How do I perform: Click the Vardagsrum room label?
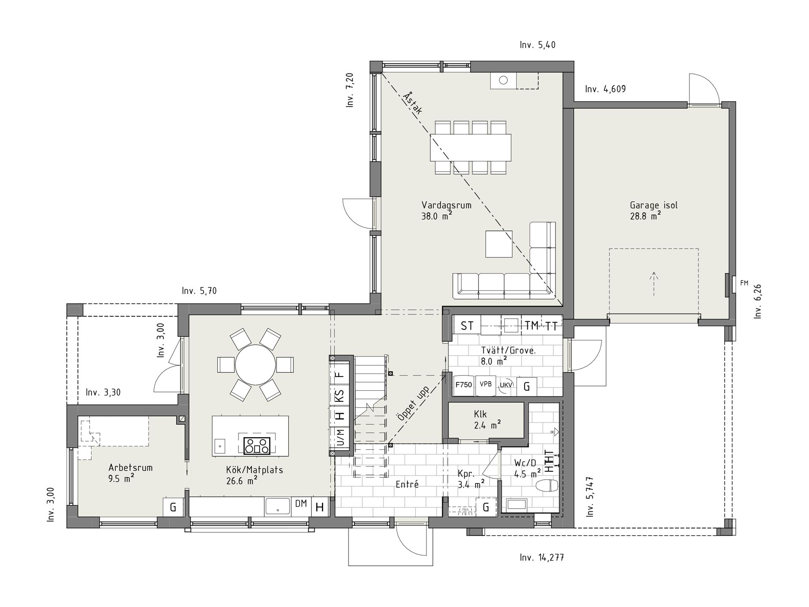pyautogui.click(x=446, y=206)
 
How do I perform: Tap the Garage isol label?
pyautogui.click(x=654, y=206)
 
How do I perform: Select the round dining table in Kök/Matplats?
pyautogui.click(x=255, y=364)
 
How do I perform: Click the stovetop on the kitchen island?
pyautogui.click(x=257, y=446)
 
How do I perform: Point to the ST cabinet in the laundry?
pyautogui.click(x=466, y=325)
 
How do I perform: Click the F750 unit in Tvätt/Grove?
pyautogui.click(x=463, y=385)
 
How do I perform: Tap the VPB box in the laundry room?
pyautogui.click(x=485, y=385)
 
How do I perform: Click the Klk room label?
pyautogui.click(x=480, y=414)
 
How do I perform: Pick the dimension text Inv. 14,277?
pyautogui.click(x=542, y=558)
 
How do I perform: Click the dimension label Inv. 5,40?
pyautogui.click(x=538, y=45)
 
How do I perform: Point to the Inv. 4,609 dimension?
pyautogui.click(x=605, y=89)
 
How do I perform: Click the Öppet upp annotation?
pyautogui.click(x=413, y=403)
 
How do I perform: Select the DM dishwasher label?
pyautogui.click(x=301, y=503)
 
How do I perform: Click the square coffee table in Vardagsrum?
pyautogui.click(x=499, y=244)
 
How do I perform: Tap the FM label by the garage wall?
pyautogui.click(x=744, y=283)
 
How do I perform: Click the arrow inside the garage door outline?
pyautogui.click(x=654, y=283)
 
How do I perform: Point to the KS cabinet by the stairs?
pyautogui.click(x=339, y=396)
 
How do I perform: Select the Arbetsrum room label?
pyautogui.click(x=130, y=467)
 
